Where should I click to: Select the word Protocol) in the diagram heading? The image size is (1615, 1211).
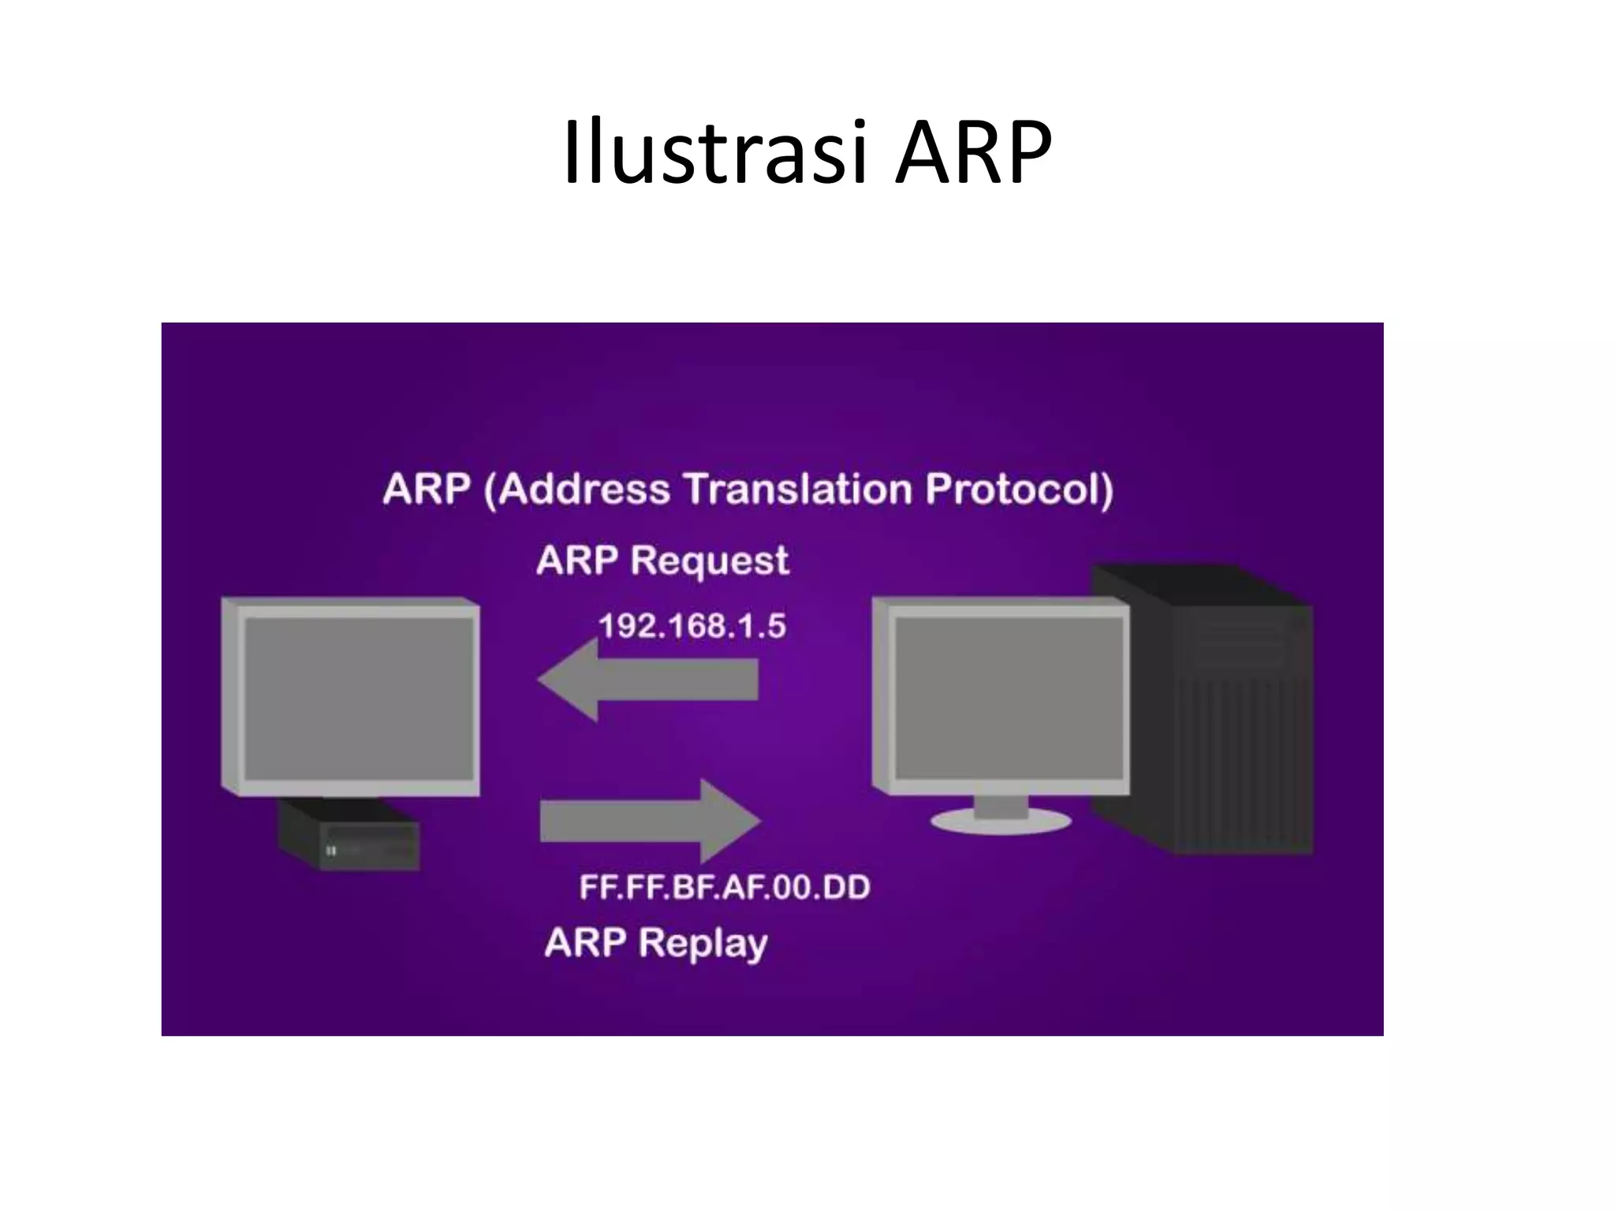(1019, 490)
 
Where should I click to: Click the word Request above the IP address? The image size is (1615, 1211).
(709, 562)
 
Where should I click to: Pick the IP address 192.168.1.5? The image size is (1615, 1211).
(692, 626)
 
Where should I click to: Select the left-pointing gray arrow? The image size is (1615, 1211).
(647, 680)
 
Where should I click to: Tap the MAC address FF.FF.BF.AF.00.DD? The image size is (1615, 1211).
(724, 888)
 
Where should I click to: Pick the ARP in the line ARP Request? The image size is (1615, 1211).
(576, 561)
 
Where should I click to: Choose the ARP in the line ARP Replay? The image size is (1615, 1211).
(584, 942)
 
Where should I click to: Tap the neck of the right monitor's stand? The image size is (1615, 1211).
(1001, 804)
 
